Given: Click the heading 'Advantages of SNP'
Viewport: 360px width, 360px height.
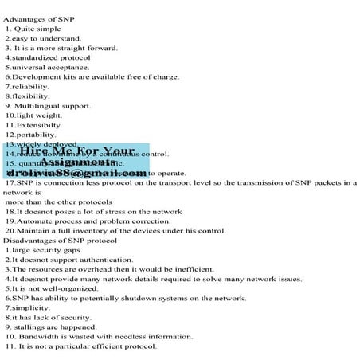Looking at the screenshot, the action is coord(34,18).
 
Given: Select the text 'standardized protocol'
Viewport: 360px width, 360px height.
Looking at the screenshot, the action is coord(48,57).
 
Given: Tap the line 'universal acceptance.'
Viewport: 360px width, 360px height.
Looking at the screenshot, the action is coord(48,67).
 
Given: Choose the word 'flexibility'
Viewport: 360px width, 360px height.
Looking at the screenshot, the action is coord(31,96).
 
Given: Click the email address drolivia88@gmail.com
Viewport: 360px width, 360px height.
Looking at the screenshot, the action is coord(76,173).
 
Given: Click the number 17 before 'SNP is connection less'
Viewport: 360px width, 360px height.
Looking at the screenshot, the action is coord(10,182).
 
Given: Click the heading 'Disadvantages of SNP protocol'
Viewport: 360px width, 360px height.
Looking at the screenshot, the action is coord(60,240).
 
